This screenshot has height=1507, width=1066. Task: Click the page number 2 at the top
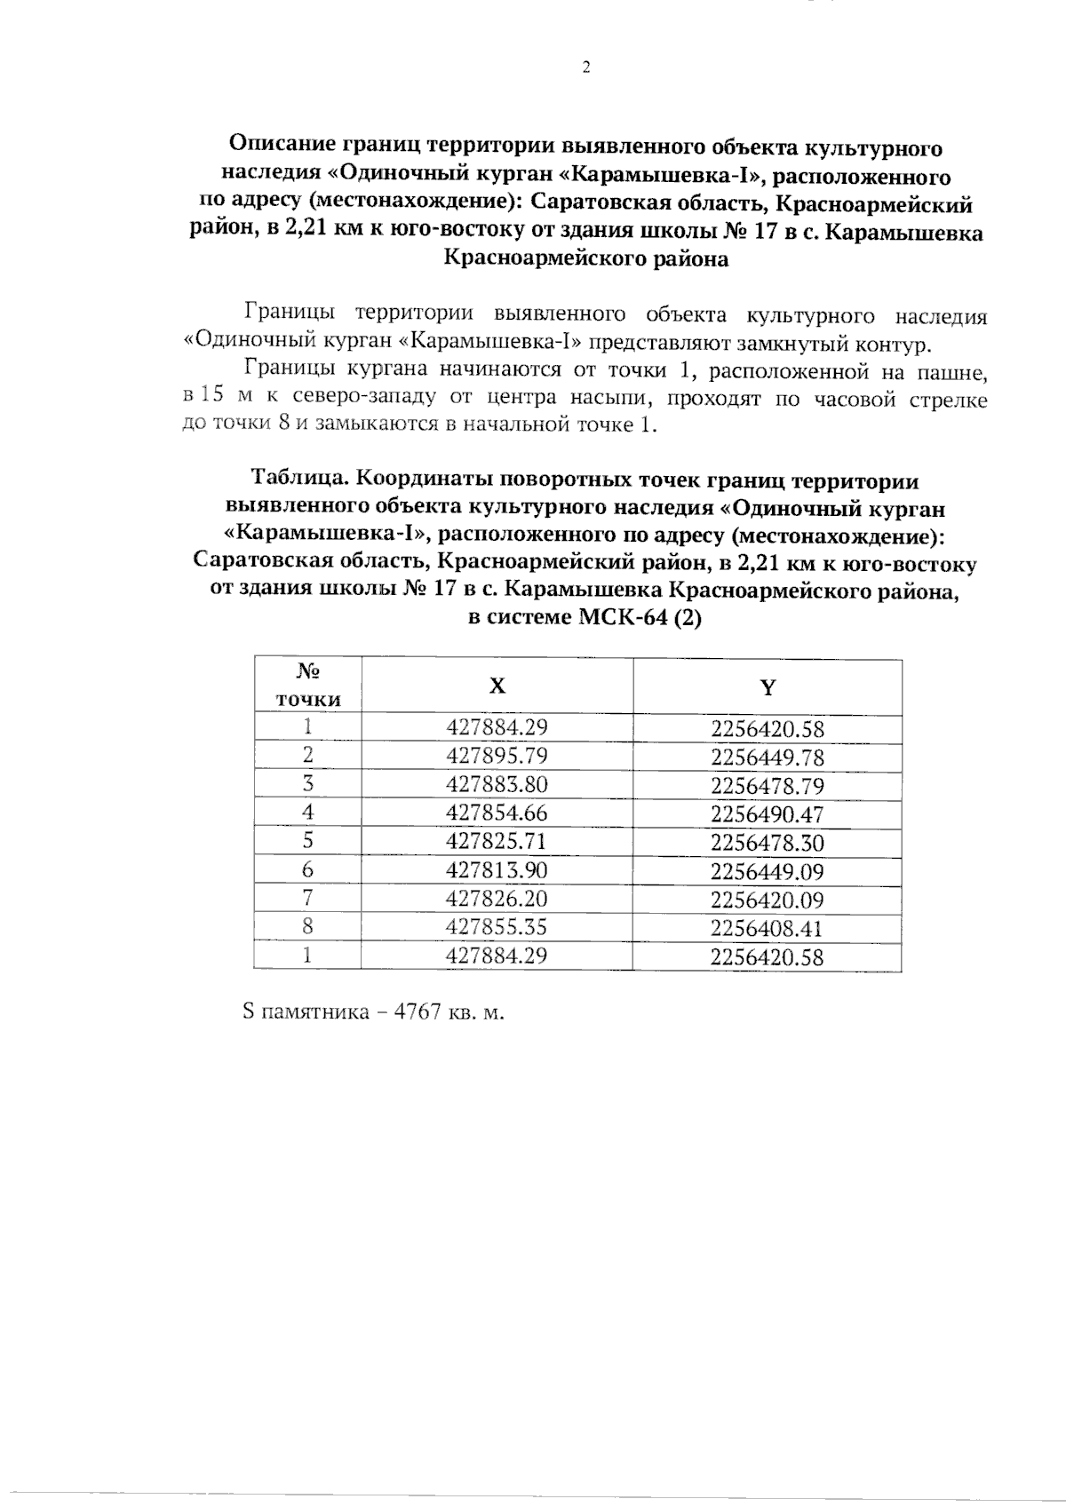(x=585, y=68)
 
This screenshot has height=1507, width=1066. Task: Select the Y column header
(x=768, y=686)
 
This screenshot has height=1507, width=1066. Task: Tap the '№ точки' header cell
(x=307, y=685)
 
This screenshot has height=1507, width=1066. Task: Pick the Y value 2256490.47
(x=768, y=814)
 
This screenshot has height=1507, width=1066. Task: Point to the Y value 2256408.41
(x=768, y=929)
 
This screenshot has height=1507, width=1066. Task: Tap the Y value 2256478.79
(x=768, y=786)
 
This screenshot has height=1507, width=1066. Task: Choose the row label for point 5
(x=307, y=841)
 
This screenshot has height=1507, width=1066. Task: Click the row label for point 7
(x=307, y=899)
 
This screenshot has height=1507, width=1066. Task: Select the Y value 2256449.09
(x=768, y=872)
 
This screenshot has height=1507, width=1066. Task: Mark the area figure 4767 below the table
(x=418, y=1013)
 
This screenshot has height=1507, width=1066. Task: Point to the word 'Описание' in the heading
(x=282, y=146)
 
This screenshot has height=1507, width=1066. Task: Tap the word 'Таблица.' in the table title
(x=300, y=480)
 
